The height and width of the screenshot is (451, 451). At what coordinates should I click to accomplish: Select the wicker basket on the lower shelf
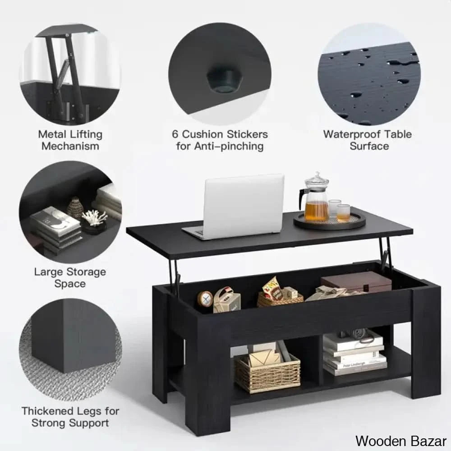(267, 372)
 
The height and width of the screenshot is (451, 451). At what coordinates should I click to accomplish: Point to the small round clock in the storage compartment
(205, 299)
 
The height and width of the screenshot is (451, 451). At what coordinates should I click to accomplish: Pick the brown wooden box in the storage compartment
(356, 282)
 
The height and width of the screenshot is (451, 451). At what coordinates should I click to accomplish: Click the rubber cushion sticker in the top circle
(224, 80)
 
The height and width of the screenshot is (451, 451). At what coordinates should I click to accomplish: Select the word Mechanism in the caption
(70, 146)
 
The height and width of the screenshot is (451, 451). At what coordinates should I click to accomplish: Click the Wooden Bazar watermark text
(400, 440)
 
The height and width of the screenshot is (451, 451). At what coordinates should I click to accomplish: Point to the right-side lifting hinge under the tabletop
(384, 255)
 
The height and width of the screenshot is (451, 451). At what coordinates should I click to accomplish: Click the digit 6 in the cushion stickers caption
(175, 134)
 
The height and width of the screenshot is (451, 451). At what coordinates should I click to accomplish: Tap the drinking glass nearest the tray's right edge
(344, 212)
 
